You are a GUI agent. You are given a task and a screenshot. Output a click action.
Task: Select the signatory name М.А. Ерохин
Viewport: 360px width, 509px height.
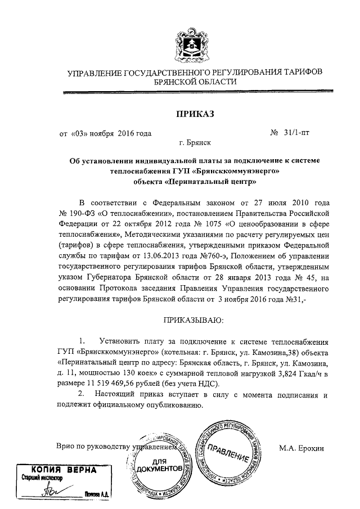click(x=302, y=448)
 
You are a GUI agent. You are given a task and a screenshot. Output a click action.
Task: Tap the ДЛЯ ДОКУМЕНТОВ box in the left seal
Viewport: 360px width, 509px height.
click(x=159, y=464)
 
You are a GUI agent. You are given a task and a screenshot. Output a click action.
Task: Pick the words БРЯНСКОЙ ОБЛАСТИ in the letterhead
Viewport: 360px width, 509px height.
click(x=195, y=82)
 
